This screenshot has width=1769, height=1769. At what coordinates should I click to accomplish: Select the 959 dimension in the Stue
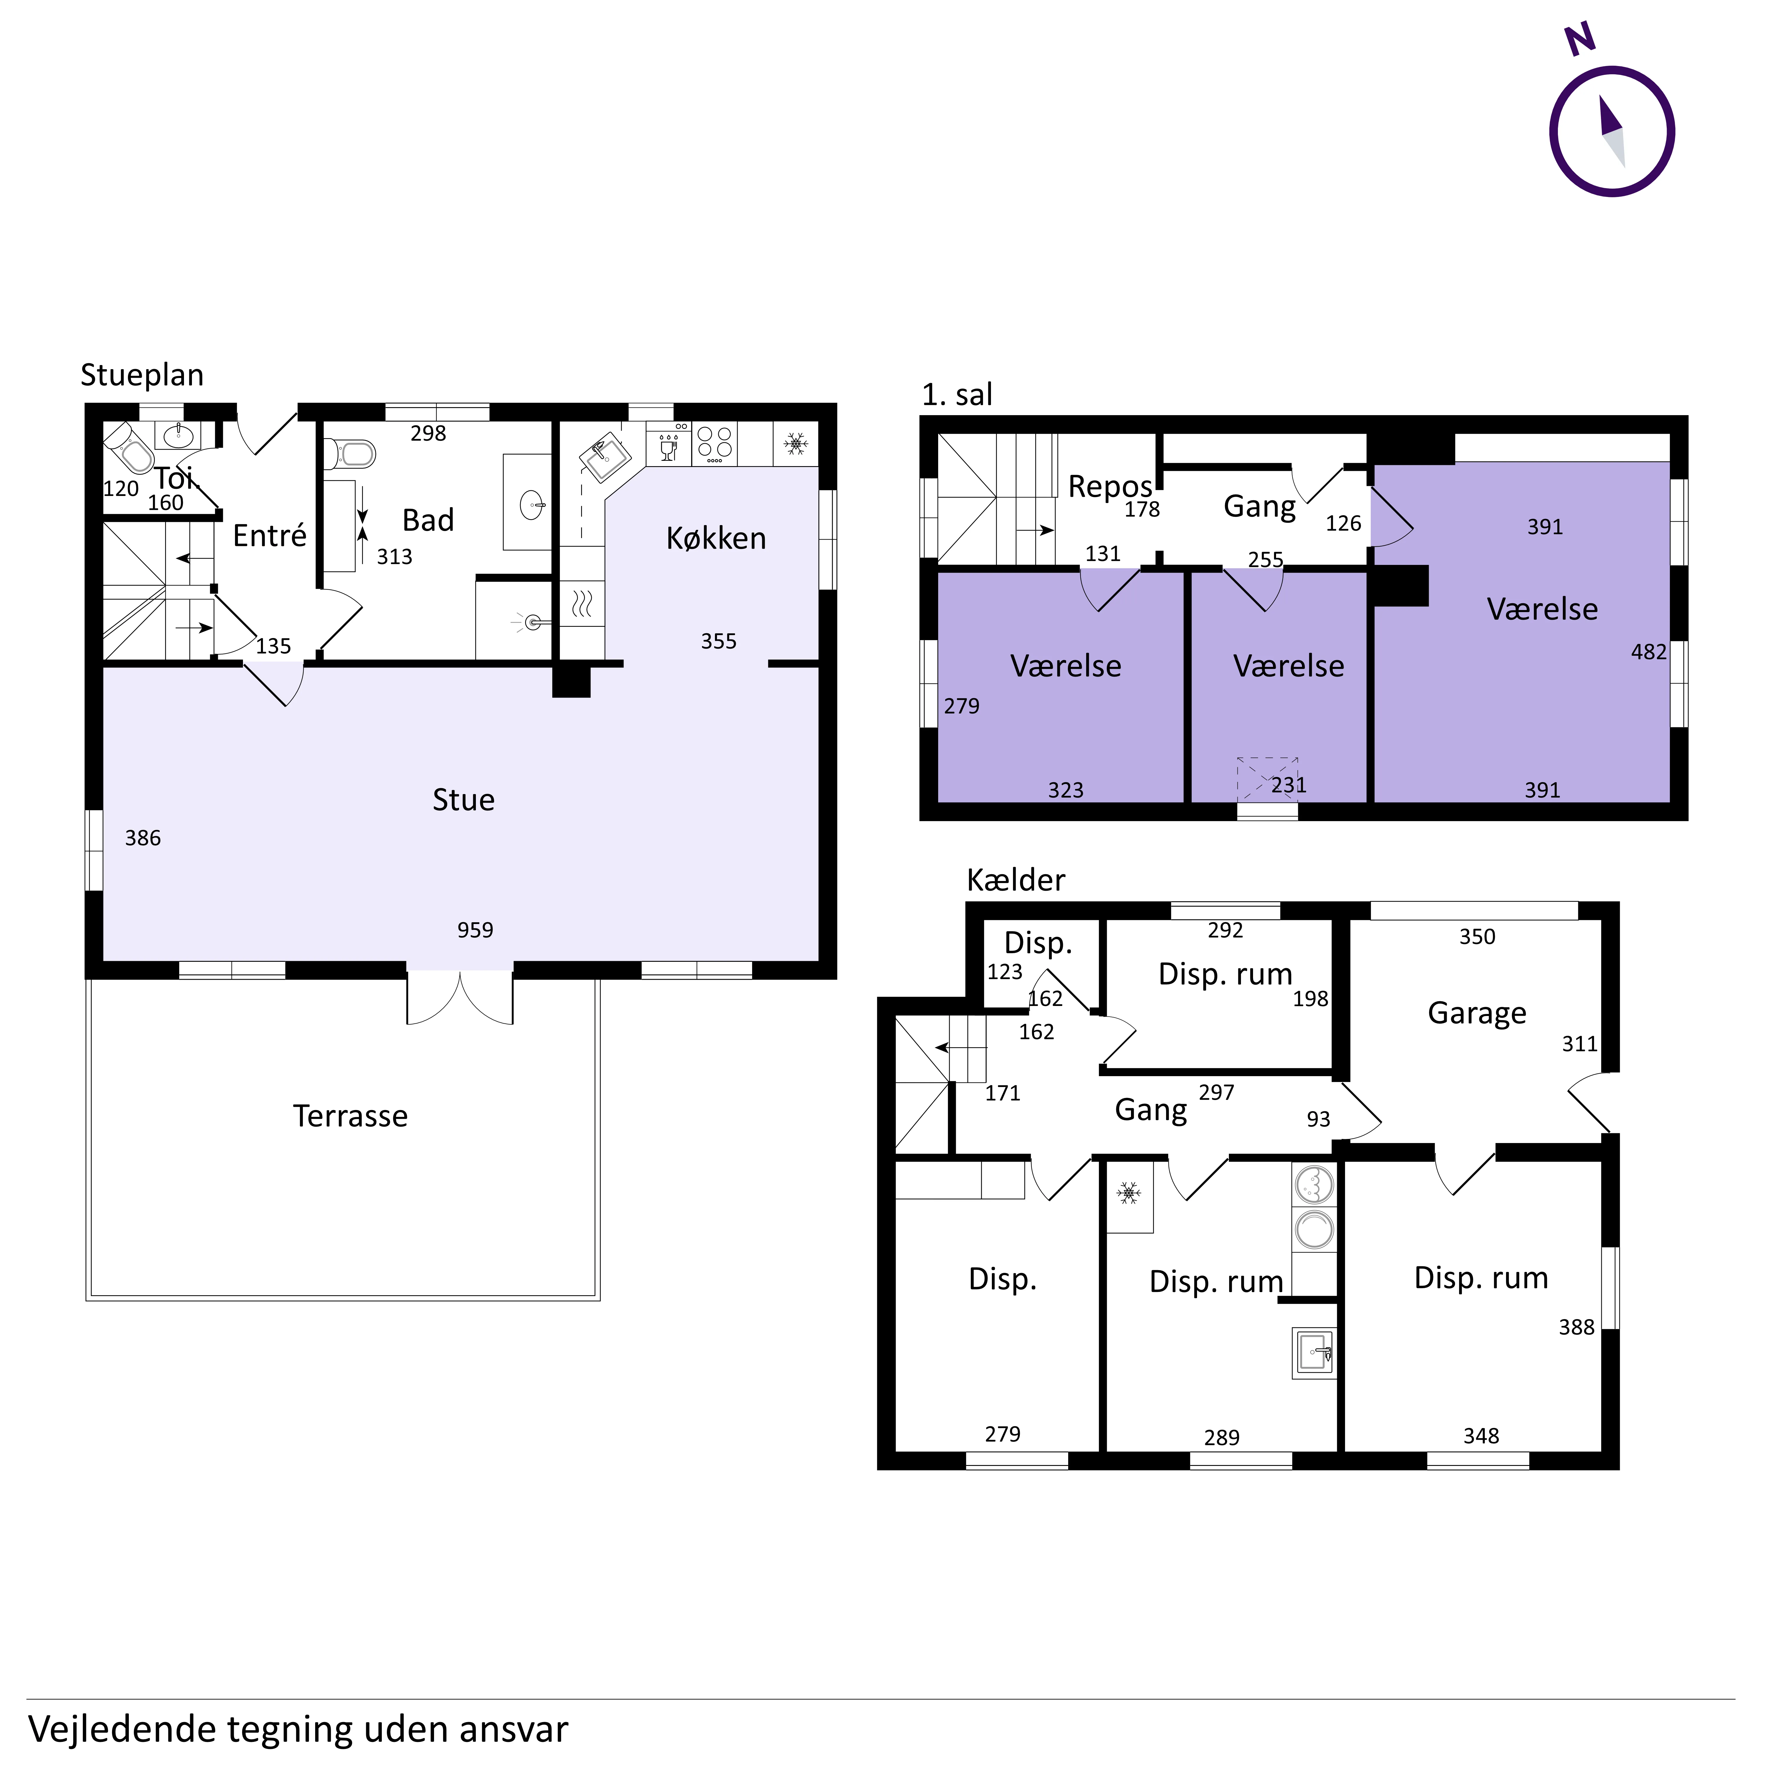[475, 930]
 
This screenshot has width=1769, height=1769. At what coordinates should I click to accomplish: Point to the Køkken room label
[716, 538]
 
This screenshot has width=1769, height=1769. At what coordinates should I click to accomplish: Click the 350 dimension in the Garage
[1477, 937]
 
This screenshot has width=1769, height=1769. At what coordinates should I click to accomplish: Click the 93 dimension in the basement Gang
[1318, 1119]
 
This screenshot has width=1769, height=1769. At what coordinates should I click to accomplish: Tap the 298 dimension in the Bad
[428, 434]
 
